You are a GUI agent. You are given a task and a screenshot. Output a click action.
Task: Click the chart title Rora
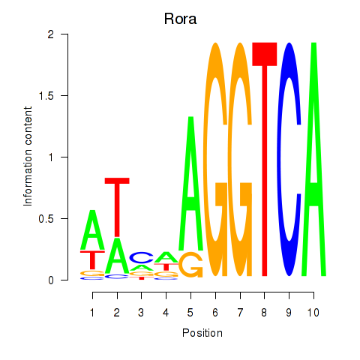click(x=180, y=19)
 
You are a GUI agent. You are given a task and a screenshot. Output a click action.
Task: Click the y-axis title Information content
click(x=28, y=157)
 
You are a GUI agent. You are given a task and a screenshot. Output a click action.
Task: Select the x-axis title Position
click(x=202, y=333)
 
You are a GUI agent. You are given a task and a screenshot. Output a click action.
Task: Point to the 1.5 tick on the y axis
click(x=64, y=95)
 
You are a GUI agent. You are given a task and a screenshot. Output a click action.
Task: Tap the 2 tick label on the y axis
click(x=51, y=34)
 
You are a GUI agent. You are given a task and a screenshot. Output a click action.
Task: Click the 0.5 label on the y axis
click(x=46, y=219)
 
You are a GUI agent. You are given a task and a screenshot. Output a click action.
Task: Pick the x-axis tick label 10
click(x=313, y=313)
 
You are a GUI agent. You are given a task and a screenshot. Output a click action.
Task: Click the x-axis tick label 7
click(x=240, y=313)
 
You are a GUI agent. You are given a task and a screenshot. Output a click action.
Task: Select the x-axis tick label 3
click(x=141, y=313)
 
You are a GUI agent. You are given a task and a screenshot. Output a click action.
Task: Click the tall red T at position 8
click(x=265, y=159)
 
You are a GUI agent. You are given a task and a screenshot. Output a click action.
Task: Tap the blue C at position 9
click(x=289, y=159)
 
